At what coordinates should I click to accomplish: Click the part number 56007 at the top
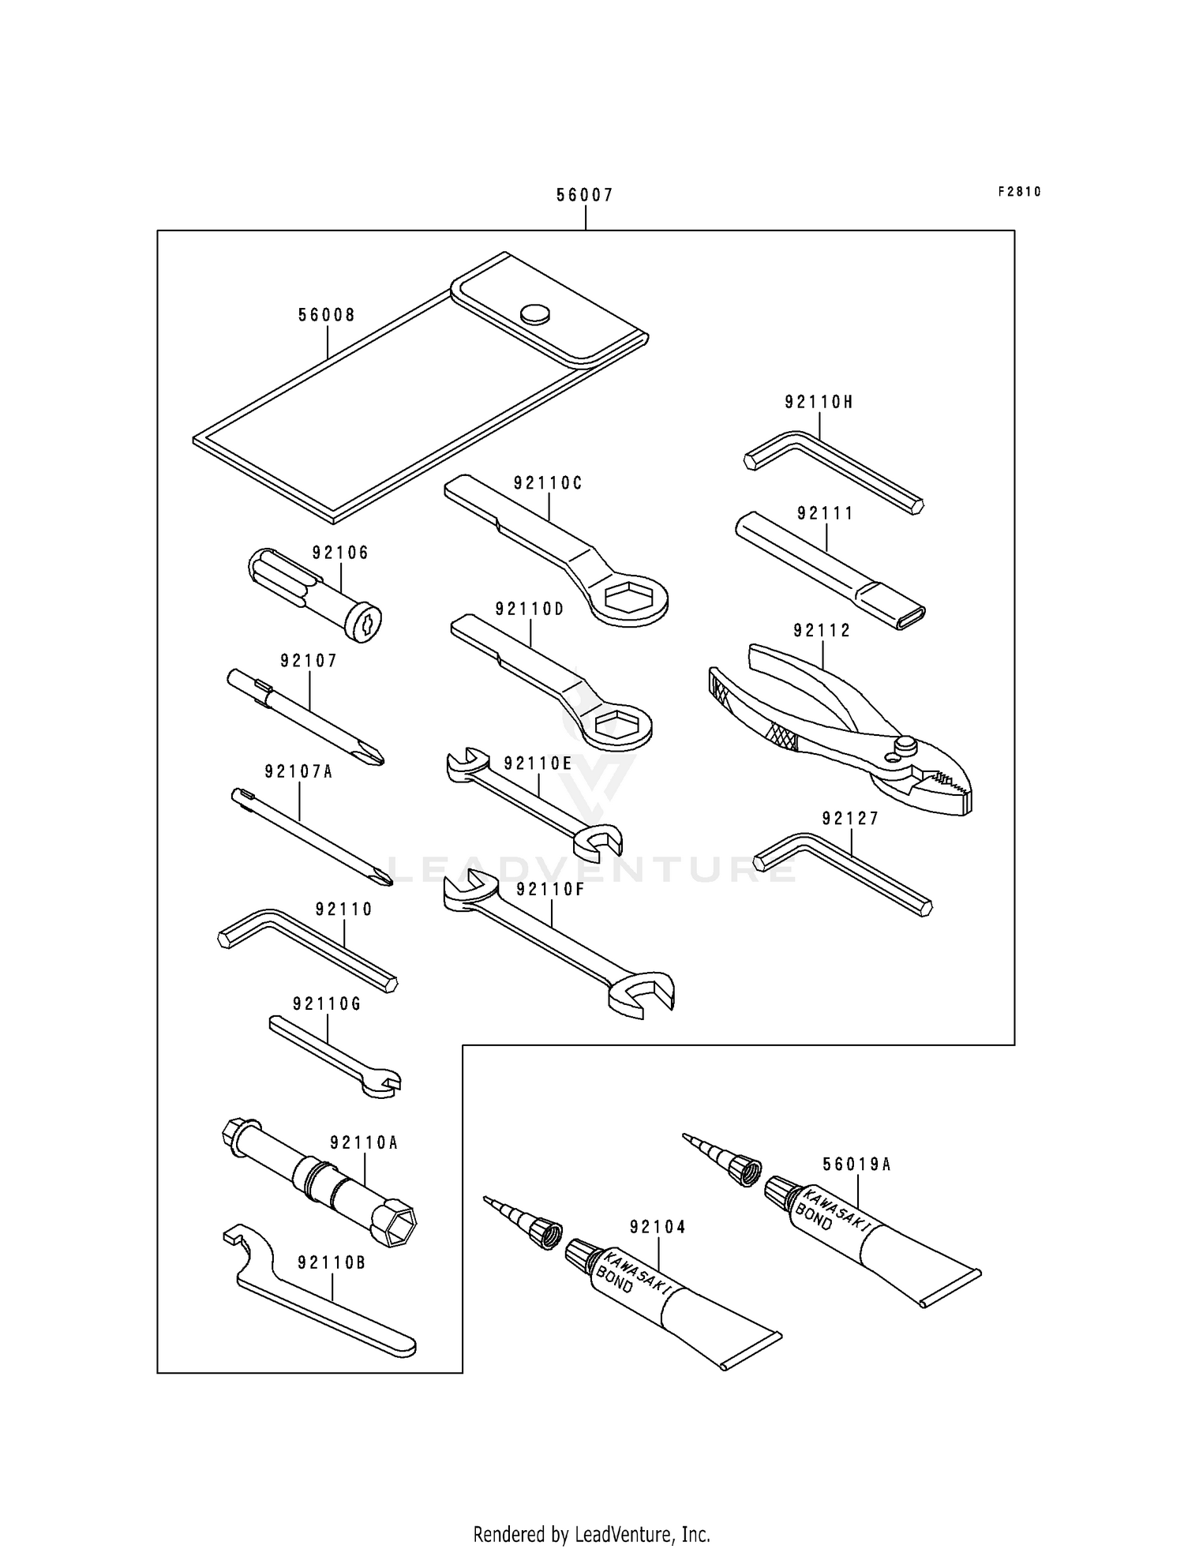[584, 195]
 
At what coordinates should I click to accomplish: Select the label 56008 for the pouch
[326, 316]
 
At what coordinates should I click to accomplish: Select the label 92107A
[298, 772]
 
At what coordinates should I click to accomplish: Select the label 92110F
[550, 890]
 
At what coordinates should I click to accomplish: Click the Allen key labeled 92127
[845, 872]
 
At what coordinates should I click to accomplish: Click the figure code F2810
[1019, 191]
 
